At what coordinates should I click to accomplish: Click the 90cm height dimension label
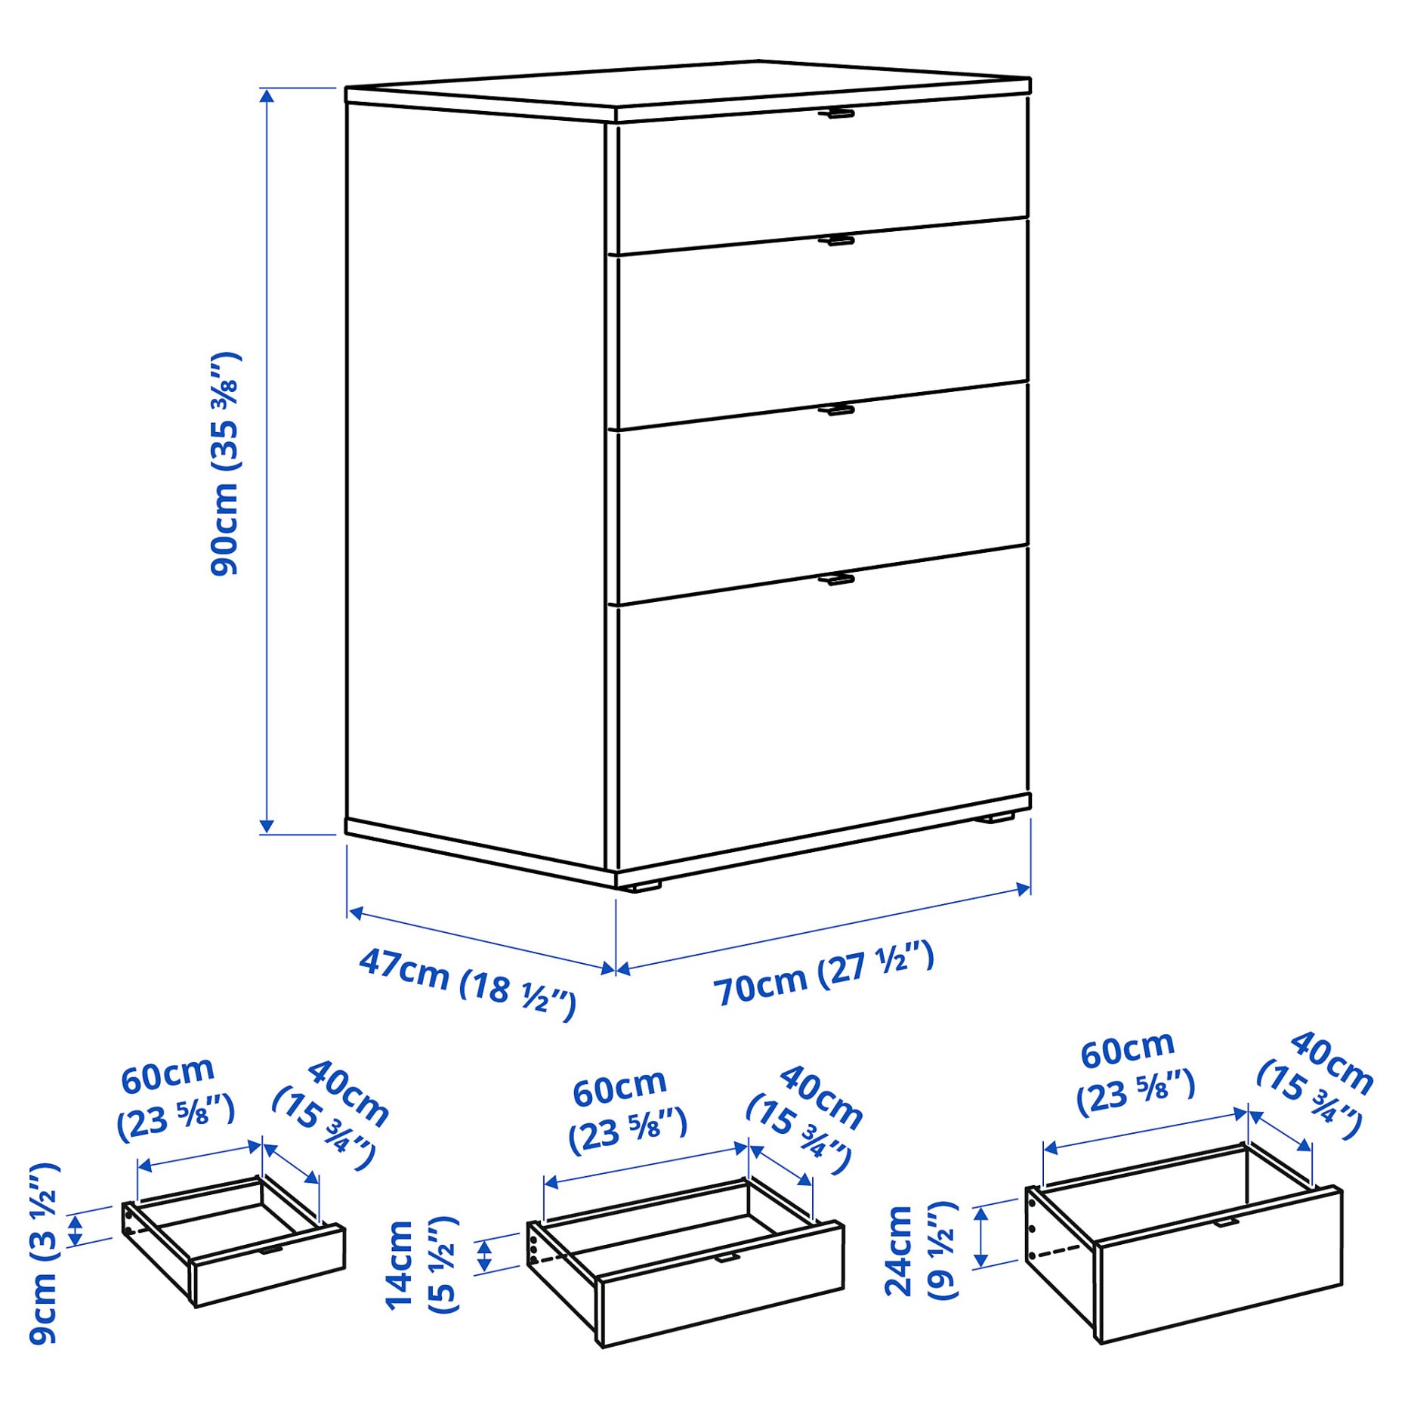pyautogui.click(x=224, y=464)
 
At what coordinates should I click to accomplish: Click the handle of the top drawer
pyautogui.click(x=836, y=114)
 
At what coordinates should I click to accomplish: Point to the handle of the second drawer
pyautogui.click(x=836, y=241)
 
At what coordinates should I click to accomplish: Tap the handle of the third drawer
pyautogui.click(x=836, y=410)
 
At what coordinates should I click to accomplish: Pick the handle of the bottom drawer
pyautogui.click(x=836, y=579)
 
